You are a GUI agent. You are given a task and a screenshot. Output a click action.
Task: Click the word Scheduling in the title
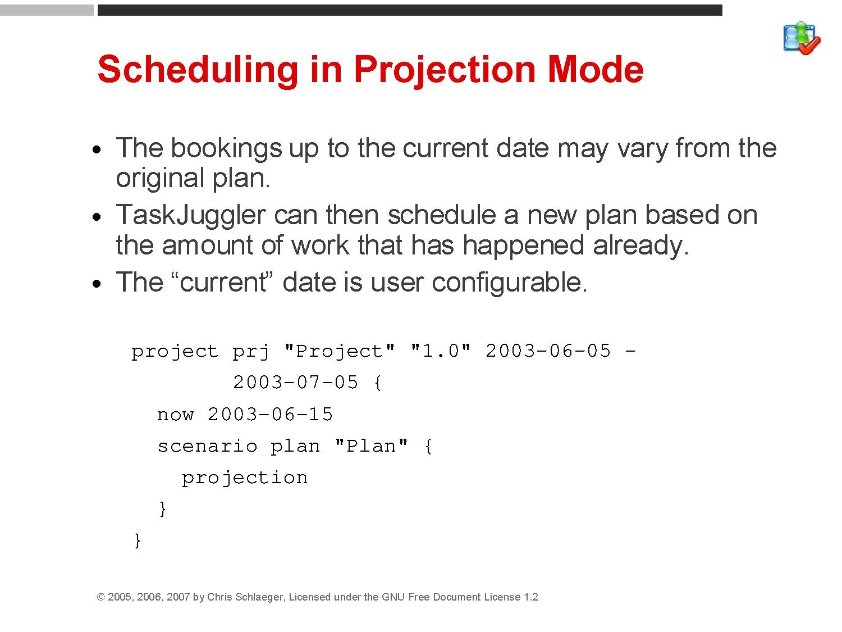(197, 70)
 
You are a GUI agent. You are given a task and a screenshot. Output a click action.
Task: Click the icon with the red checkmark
(802, 38)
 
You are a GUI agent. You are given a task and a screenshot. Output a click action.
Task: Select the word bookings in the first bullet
(226, 148)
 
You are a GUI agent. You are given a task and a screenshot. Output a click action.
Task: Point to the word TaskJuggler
(191, 216)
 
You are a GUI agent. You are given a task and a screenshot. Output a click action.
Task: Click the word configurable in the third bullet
(510, 283)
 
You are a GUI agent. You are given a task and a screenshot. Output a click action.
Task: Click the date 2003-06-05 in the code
(548, 351)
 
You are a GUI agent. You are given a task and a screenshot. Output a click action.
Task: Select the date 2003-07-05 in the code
(295, 382)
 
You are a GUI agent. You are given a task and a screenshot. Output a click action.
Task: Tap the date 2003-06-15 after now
(270, 414)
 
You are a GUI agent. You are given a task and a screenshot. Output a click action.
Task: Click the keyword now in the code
(175, 415)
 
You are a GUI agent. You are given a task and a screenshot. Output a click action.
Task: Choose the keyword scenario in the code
(207, 446)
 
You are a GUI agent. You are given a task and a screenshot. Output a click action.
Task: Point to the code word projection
(245, 479)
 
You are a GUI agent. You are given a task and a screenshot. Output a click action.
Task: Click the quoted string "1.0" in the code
(441, 351)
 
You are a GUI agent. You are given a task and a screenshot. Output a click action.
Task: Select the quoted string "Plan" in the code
(371, 446)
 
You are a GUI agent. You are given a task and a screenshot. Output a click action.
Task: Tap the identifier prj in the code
(250, 352)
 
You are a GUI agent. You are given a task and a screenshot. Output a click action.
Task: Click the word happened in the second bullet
(523, 245)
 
